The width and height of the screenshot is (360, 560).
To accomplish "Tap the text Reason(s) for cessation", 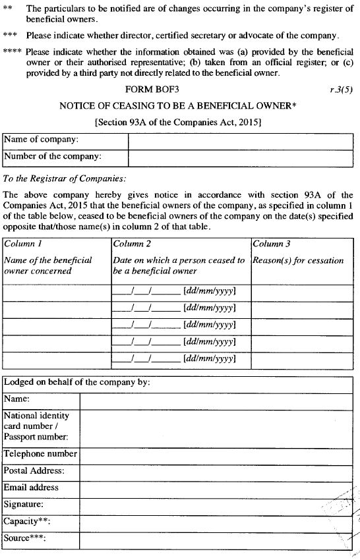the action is (298, 260).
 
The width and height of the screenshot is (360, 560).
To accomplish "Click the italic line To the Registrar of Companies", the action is (65, 179).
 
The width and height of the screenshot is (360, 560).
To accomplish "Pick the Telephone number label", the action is (40, 454).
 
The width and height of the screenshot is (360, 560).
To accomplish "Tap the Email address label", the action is (31, 488).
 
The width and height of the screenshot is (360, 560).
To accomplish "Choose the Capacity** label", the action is (27, 521).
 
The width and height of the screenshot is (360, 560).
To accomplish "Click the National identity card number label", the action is (36, 426).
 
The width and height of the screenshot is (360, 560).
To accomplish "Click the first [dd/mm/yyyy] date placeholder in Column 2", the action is (210, 291).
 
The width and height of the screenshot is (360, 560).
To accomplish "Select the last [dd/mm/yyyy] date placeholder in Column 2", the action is (210, 359).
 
